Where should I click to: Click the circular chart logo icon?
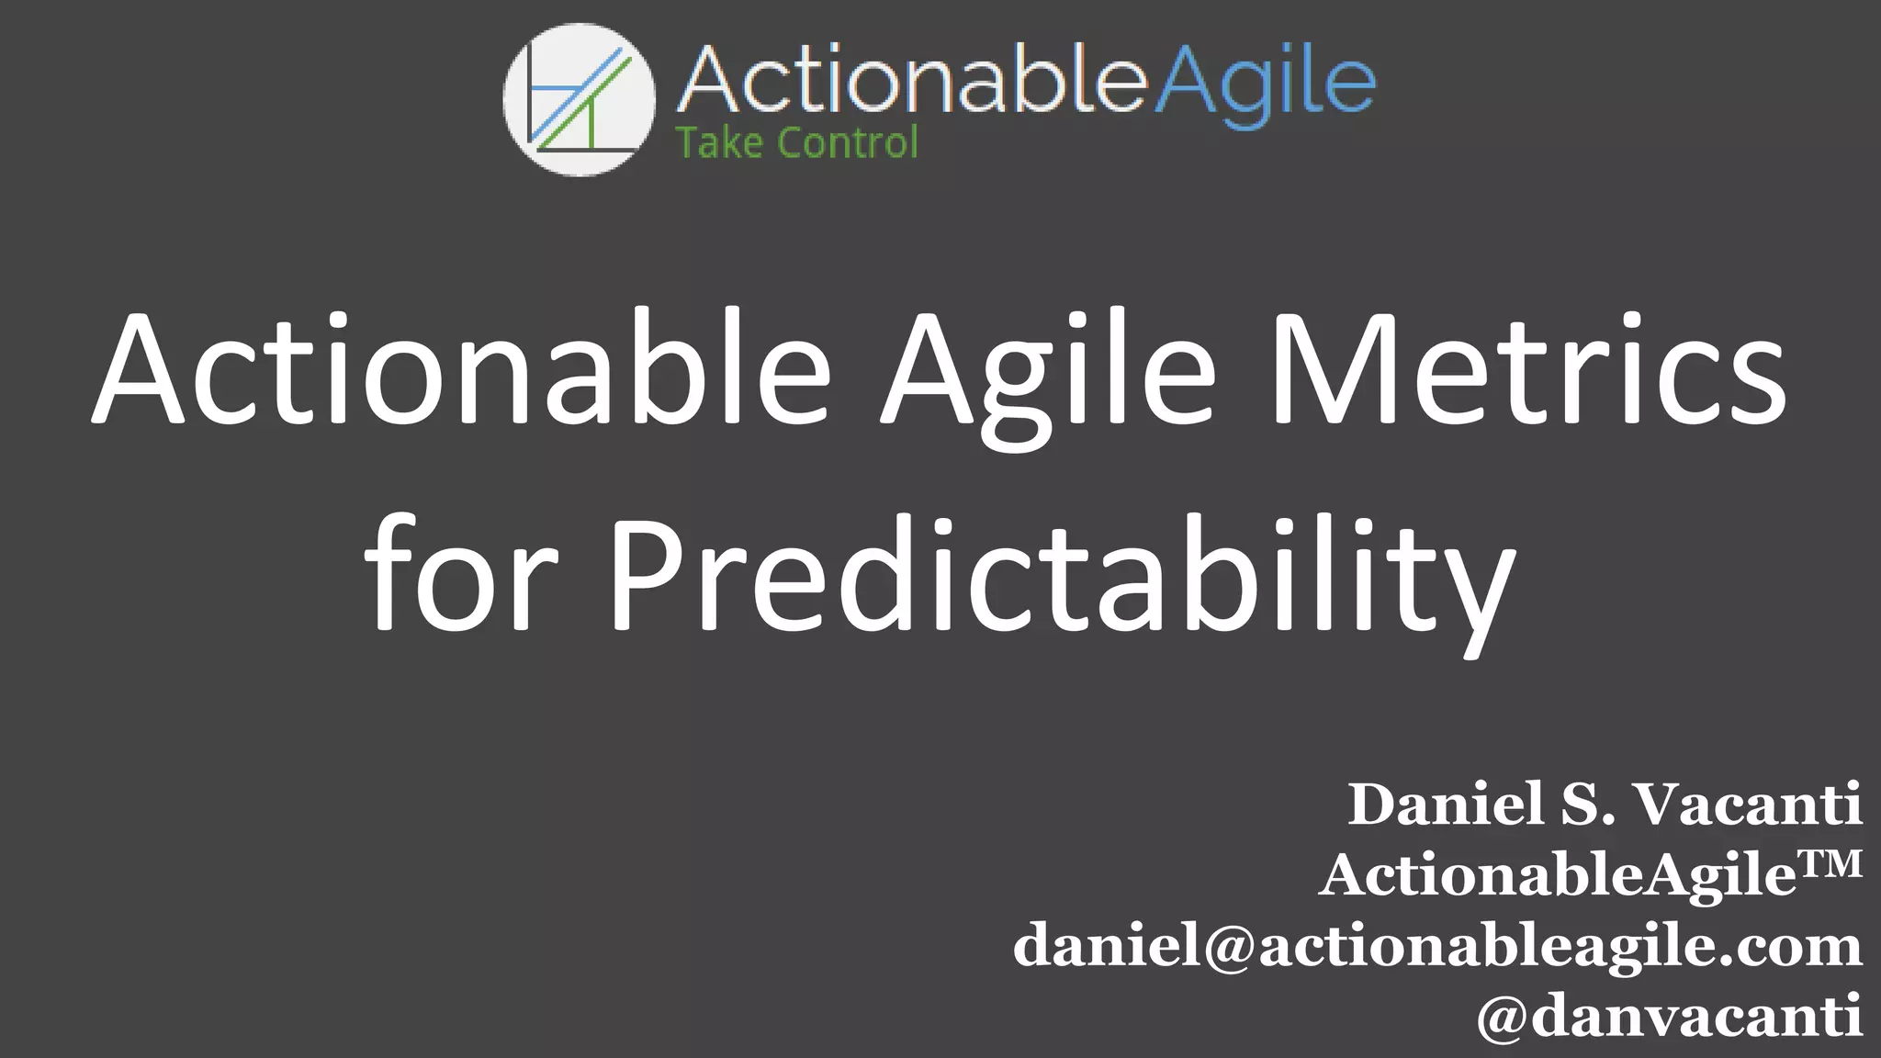click(x=579, y=99)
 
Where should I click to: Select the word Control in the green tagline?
click(x=847, y=143)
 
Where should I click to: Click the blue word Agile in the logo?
click(x=1264, y=83)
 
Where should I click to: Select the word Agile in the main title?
click(x=1048, y=372)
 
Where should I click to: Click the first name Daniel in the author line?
click(x=1446, y=805)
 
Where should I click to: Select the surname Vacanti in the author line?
click(x=1750, y=805)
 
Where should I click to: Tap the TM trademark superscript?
click(x=1830, y=863)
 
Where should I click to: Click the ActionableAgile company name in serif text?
click(x=1558, y=875)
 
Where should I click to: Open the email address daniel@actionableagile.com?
click(x=1437, y=946)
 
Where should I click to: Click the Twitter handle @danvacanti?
click(x=1669, y=1016)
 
